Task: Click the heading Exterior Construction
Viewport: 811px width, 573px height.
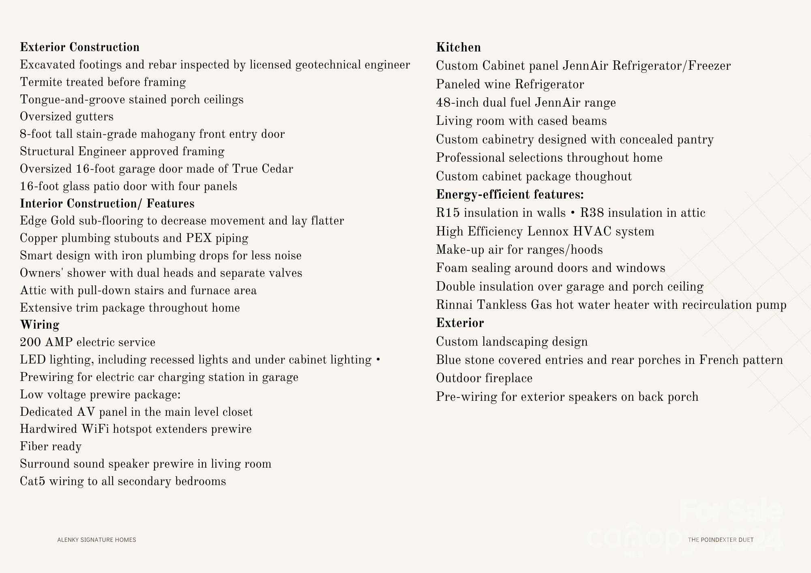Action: (79, 47)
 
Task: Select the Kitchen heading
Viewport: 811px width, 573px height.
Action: (458, 47)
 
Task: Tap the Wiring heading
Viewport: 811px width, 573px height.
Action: (40, 325)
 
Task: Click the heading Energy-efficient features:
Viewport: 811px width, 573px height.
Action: (510, 195)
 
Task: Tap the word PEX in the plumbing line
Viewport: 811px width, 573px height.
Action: (199, 238)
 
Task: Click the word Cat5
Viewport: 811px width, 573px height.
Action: (32, 481)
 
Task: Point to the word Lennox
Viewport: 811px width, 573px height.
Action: (548, 231)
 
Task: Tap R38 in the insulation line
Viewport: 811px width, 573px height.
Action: (592, 213)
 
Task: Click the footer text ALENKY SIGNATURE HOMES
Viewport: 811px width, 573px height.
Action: (97, 540)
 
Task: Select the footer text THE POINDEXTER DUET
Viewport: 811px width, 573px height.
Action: (721, 540)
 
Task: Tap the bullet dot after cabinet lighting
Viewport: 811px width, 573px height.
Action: (378, 360)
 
